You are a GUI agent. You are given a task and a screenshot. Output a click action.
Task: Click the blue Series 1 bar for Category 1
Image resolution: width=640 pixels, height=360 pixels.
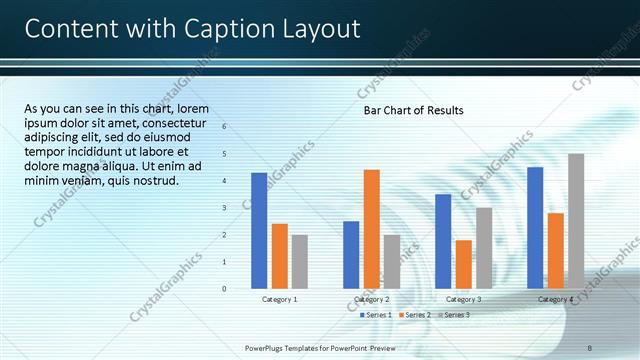pos(259,230)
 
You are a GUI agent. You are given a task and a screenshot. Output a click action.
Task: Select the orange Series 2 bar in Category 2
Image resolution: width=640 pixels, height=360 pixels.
pos(371,228)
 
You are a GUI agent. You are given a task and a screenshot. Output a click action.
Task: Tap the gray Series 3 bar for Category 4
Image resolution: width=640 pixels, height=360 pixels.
pos(576,221)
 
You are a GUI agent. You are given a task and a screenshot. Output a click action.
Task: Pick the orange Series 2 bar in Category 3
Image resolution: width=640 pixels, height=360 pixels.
pos(463,263)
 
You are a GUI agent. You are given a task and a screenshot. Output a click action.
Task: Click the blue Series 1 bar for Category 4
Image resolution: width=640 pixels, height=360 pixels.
pos(535,227)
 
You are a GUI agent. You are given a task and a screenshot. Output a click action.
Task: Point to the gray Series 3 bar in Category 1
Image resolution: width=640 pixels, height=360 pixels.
pos(299,261)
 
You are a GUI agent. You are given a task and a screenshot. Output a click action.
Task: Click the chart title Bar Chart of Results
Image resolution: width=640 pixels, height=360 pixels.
pos(413,110)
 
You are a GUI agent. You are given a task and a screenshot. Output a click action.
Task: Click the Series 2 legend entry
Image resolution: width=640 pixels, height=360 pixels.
pos(413,315)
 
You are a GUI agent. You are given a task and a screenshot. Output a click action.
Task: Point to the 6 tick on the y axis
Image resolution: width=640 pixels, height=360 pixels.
pos(224,127)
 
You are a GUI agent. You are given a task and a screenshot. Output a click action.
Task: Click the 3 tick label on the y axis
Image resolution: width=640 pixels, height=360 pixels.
pos(224,208)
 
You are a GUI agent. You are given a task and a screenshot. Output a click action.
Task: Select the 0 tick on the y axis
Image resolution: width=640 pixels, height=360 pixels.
pos(224,289)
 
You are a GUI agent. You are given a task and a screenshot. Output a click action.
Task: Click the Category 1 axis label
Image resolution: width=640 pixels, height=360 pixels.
pos(279,299)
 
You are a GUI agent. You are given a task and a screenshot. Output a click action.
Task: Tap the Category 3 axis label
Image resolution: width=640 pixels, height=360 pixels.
pos(463,299)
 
